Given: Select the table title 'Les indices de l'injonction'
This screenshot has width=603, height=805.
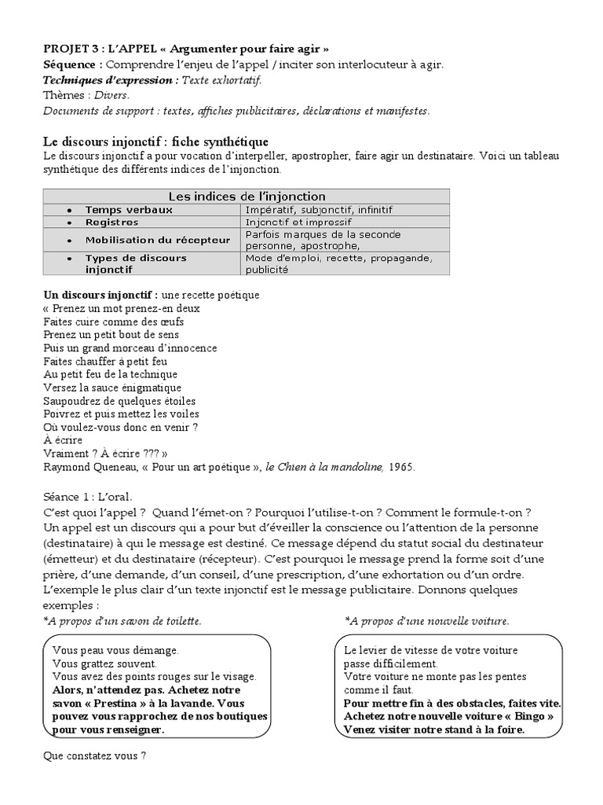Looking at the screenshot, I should click(247, 196).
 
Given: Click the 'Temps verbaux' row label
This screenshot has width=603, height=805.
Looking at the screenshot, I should click(129, 210).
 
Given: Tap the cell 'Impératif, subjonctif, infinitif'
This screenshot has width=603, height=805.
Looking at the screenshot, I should click(319, 210).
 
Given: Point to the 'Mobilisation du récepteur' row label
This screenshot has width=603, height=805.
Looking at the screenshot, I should click(157, 240).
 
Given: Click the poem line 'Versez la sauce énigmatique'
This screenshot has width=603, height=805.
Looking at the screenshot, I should click(112, 388).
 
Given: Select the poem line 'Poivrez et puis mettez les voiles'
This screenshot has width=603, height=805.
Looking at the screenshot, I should click(121, 414).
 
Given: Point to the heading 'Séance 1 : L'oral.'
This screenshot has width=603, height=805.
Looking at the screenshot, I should click(88, 497).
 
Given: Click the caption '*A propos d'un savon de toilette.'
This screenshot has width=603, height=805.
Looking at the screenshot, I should click(122, 621).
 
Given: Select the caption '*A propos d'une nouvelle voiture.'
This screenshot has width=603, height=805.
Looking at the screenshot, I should click(427, 621).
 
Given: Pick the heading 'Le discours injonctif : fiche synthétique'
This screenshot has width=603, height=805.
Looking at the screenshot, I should click(155, 142).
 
